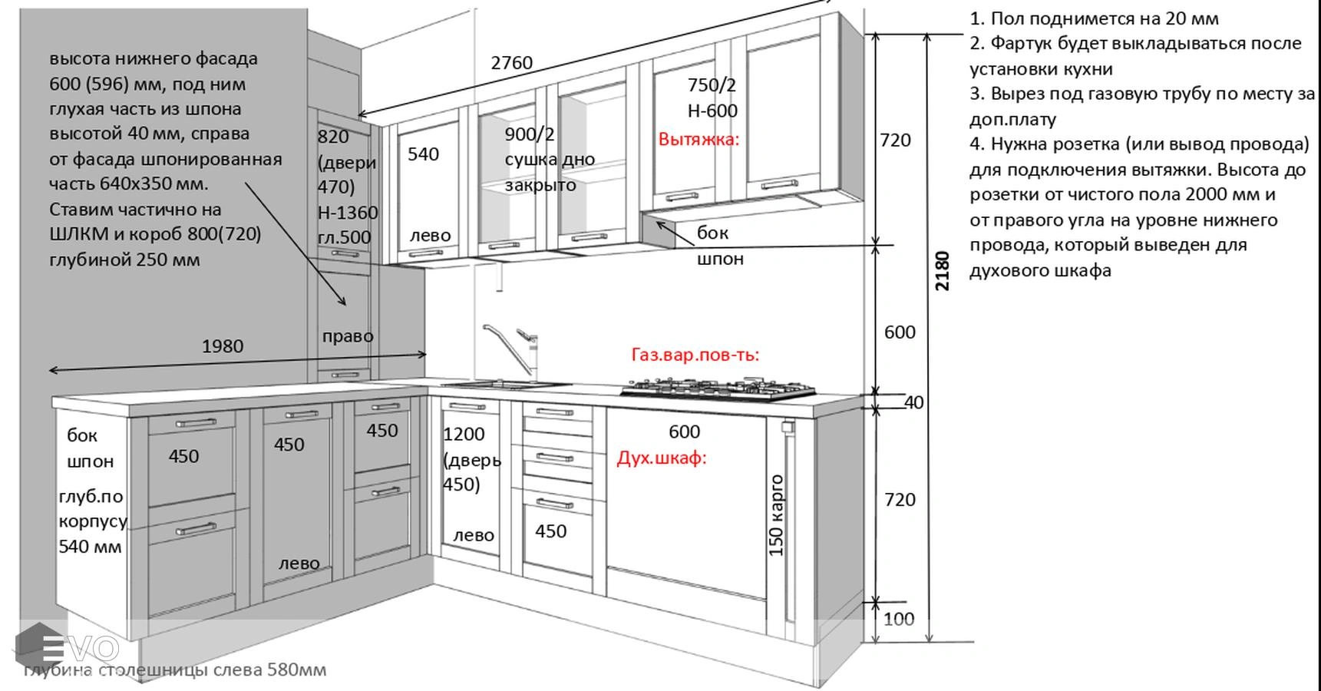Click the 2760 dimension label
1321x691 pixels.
click(x=511, y=63)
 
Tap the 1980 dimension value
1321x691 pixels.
click(x=223, y=346)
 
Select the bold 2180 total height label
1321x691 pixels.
click(x=943, y=270)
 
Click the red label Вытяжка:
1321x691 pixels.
click(x=698, y=140)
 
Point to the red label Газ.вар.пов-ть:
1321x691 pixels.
click(x=695, y=355)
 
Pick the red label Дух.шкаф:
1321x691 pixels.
click(x=661, y=458)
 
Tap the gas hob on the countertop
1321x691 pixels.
click(x=718, y=388)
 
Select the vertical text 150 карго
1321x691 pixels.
click(x=776, y=515)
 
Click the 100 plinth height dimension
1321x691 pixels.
click(x=898, y=619)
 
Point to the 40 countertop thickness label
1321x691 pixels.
click(x=913, y=402)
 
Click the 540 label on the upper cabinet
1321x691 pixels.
click(x=423, y=154)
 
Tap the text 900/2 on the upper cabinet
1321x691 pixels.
click(x=529, y=134)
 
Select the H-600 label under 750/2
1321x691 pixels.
click(x=712, y=111)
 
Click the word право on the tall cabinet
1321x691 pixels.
click(x=348, y=336)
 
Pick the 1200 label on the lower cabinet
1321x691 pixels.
click(x=464, y=435)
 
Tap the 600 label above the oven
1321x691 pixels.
click(x=684, y=432)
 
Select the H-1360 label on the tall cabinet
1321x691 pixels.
click(x=348, y=213)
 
